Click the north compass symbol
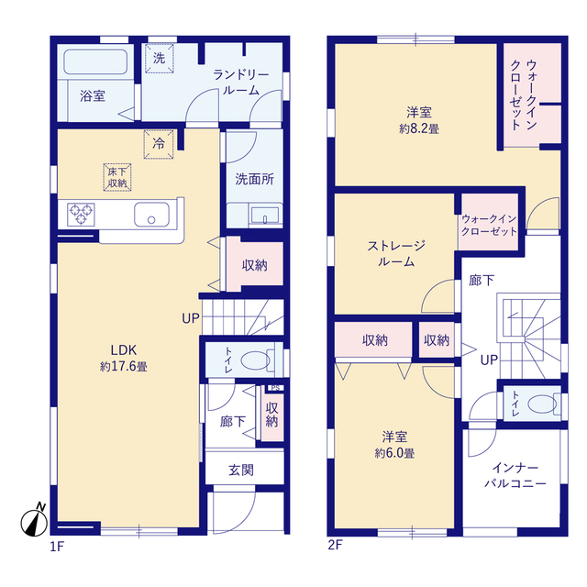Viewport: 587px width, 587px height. point(34,522)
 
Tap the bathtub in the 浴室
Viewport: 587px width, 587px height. point(95,61)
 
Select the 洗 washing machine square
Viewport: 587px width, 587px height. point(159,59)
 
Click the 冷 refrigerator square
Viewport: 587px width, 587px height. point(159,144)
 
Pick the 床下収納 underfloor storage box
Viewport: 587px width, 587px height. point(117,177)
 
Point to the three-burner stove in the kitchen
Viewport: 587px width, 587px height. point(81,215)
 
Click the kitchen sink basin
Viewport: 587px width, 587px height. point(151,215)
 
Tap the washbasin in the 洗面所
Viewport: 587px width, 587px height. point(265,216)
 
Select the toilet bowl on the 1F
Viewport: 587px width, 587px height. point(255,360)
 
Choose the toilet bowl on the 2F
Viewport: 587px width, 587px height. point(542,404)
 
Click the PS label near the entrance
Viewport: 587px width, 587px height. point(275,388)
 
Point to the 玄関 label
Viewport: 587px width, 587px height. point(241,470)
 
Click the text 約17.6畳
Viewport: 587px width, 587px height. point(124,366)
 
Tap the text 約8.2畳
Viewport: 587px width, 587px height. point(419,128)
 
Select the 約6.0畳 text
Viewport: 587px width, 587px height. point(394,453)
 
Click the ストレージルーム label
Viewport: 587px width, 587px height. point(396,254)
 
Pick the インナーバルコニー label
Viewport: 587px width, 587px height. point(515,475)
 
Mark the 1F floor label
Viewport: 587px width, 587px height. point(57,547)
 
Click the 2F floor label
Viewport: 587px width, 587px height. point(335,545)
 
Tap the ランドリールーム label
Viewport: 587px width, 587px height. point(241,83)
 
